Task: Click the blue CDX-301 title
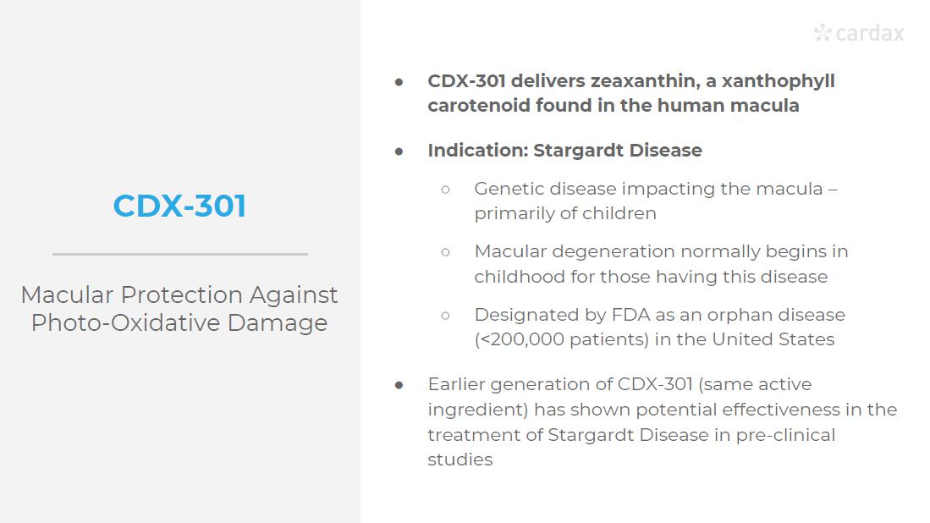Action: [179, 206]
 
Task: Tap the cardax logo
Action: [859, 33]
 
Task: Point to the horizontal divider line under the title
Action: [180, 255]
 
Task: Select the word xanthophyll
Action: [779, 81]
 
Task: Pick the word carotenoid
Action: [479, 106]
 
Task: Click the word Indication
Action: [478, 150]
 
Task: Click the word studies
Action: [460, 460]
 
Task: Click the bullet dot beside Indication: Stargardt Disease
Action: [399, 151]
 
